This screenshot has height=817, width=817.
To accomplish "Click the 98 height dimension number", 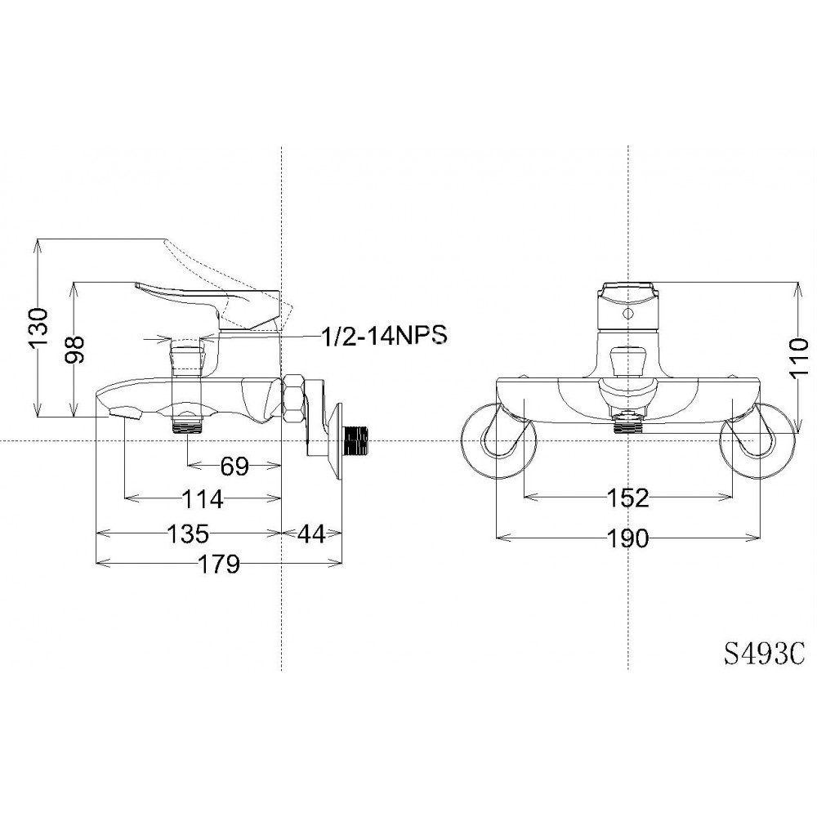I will click(75, 349).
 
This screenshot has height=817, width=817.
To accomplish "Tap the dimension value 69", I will click(234, 467).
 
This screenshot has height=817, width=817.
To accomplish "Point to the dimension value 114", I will click(203, 498).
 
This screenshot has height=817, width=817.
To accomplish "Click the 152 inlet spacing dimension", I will click(627, 498).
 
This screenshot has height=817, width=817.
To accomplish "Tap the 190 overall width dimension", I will click(627, 538).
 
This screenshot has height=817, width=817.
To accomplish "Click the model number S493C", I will click(763, 654).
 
